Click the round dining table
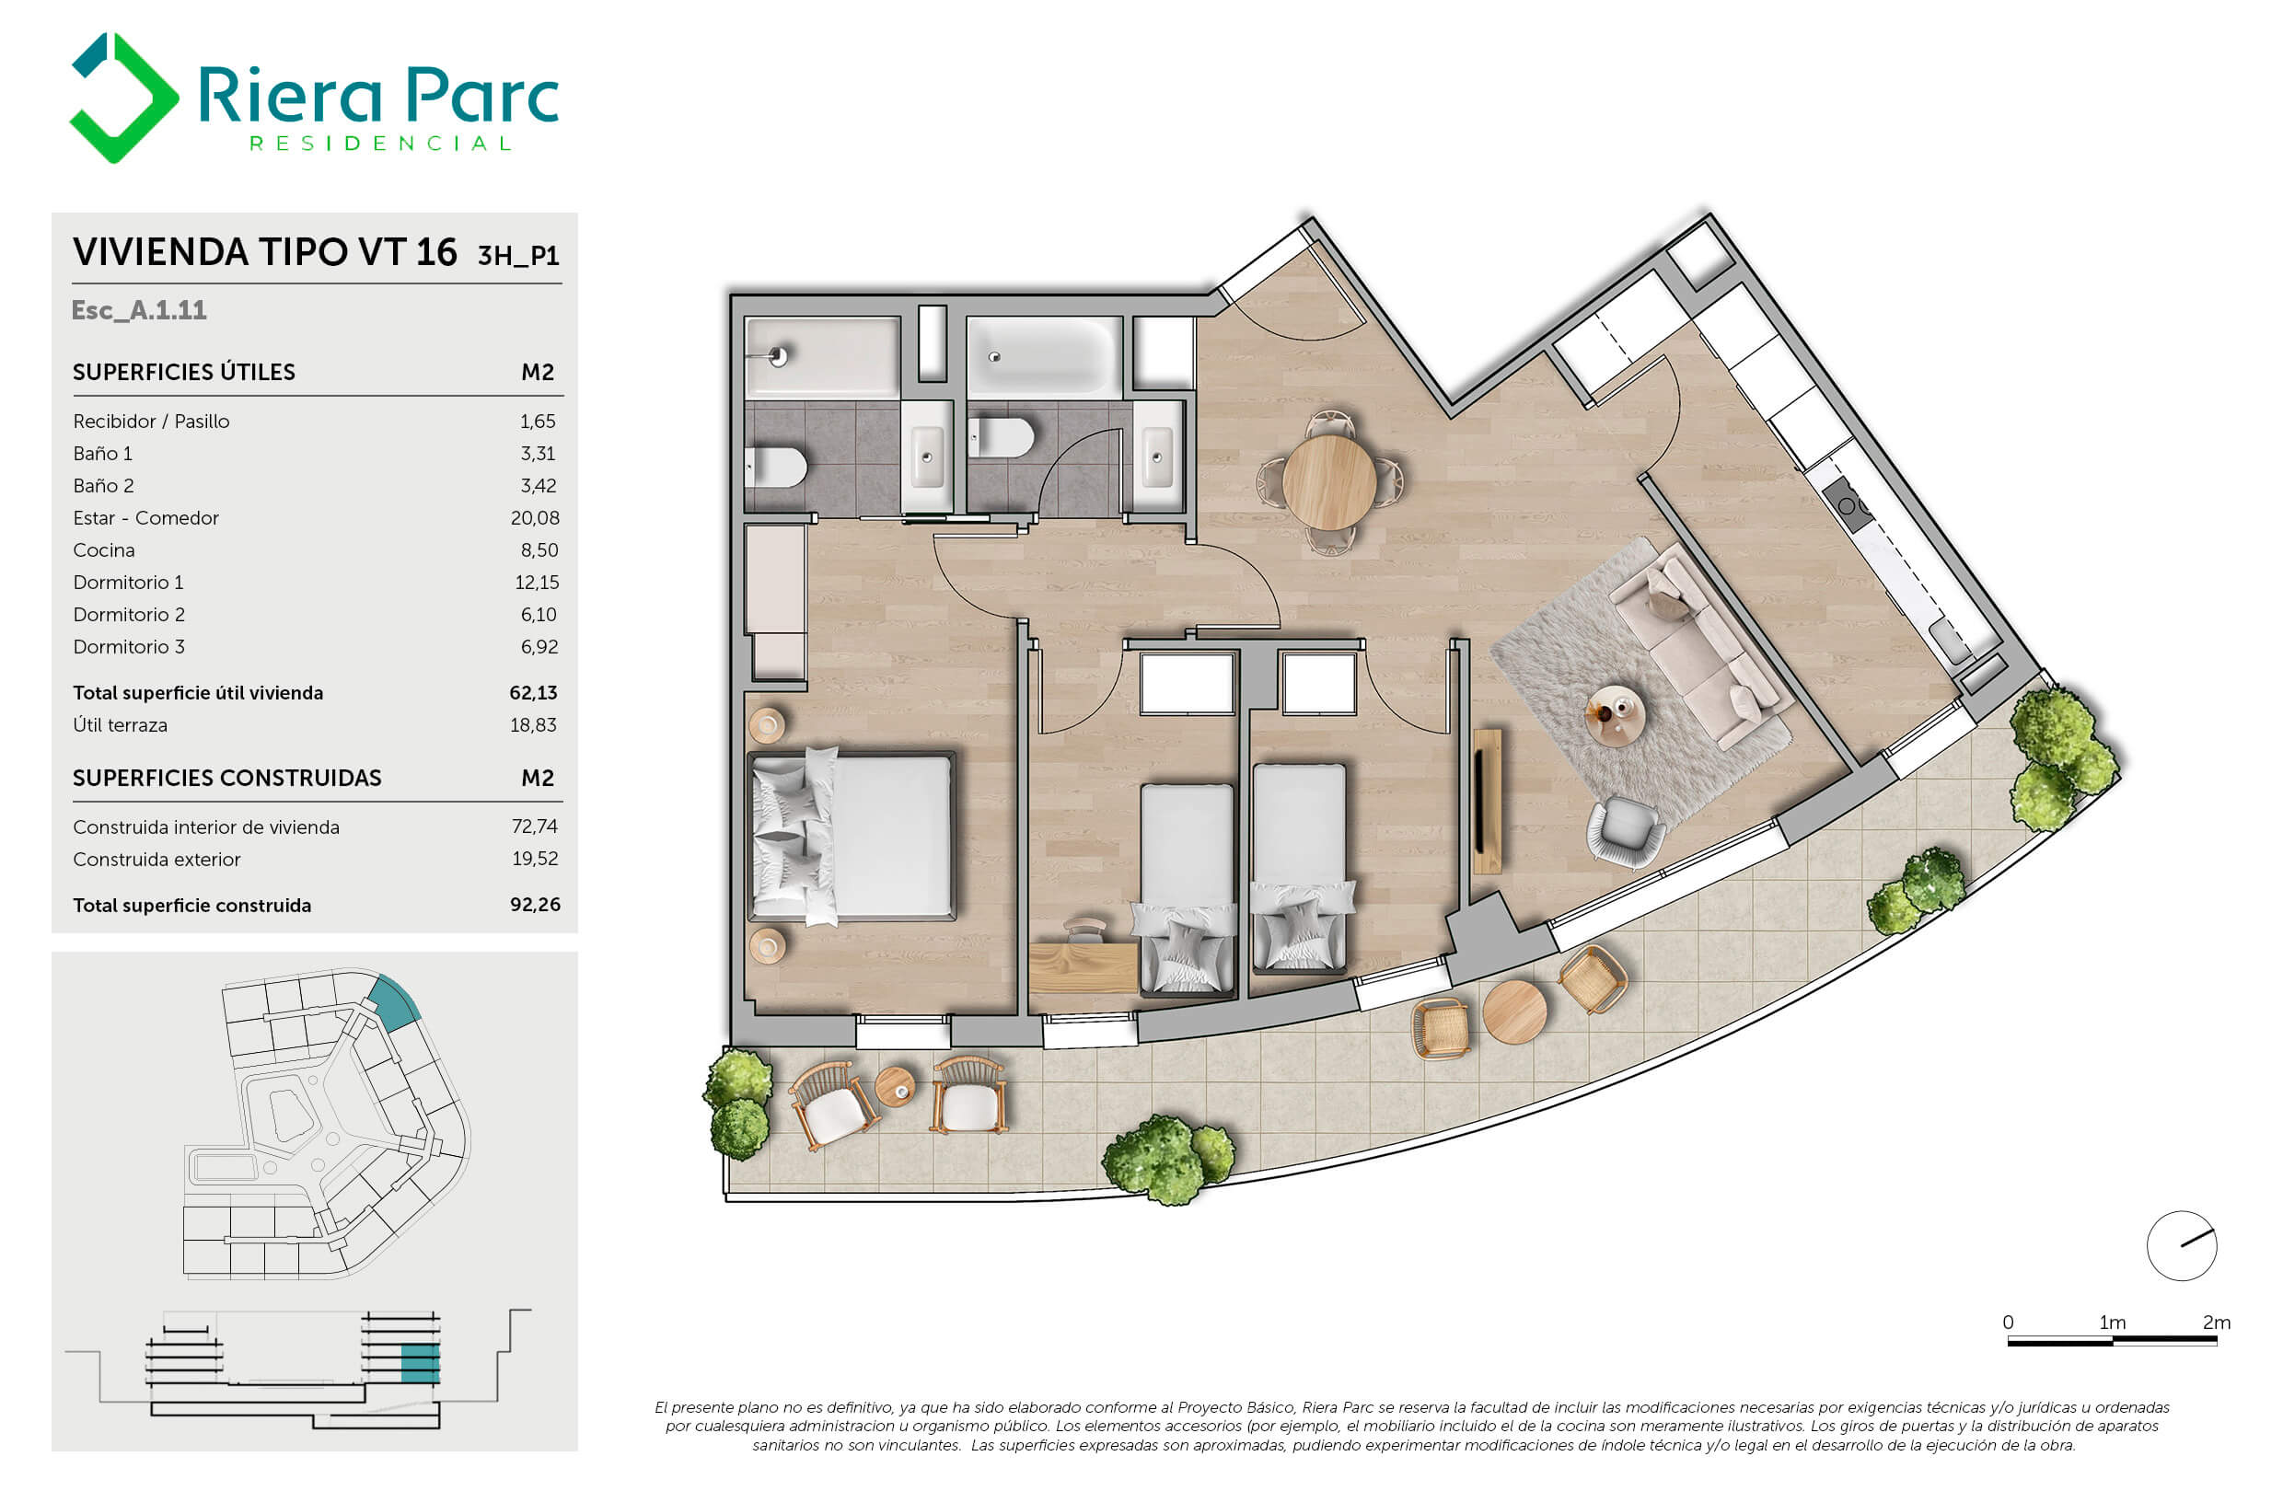point(1328,482)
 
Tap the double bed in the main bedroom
point(851,836)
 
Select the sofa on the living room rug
point(1700,646)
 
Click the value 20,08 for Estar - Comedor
point(534,518)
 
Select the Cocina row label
point(104,550)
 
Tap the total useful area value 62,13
point(533,692)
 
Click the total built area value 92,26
point(535,904)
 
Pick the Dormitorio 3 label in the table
point(129,647)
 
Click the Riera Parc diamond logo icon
point(123,97)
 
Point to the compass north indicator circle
point(2182,1245)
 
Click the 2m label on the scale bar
point(2216,1323)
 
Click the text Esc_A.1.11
point(139,310)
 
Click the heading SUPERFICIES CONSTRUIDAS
point(227,778)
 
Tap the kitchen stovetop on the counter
point(1848,504)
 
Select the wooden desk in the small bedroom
point(1083,967)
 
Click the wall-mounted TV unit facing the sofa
point(1487,802)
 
